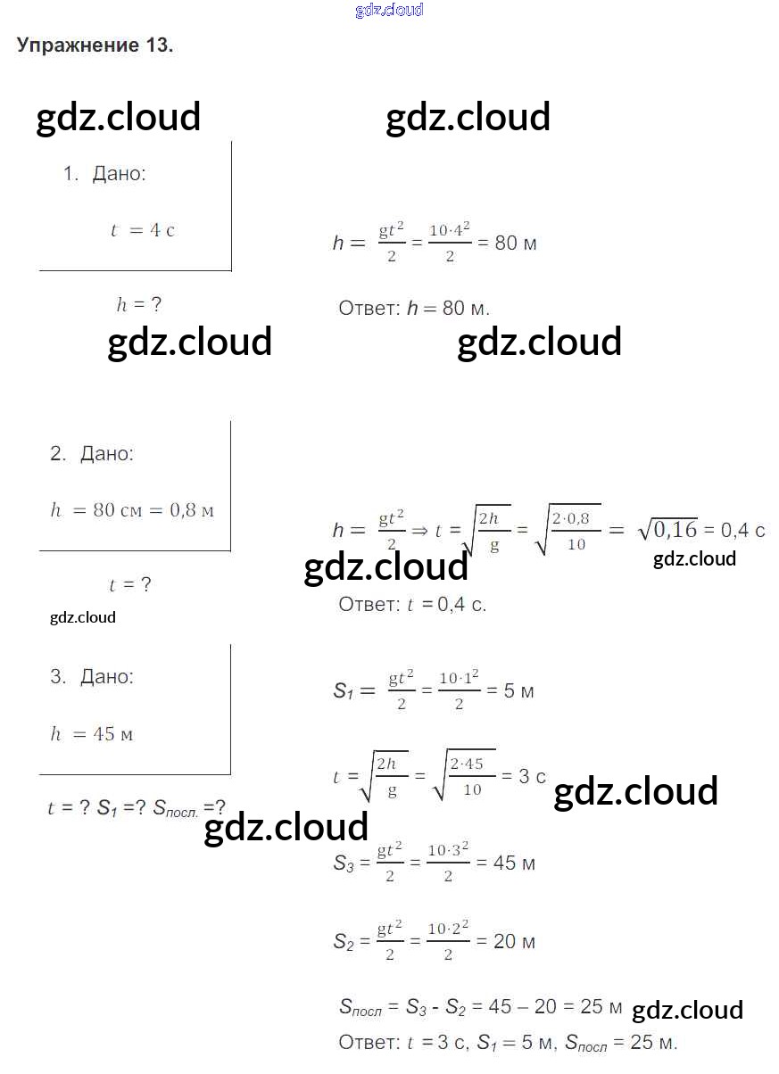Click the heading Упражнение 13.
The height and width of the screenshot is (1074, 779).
click(95, 45)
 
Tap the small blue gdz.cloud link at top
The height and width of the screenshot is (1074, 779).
click(389, 10)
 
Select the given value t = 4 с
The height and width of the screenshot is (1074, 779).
click(143, 230)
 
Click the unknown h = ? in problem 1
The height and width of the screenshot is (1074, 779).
click(138, 304)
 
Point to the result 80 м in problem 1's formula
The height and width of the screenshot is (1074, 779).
click(516, 244)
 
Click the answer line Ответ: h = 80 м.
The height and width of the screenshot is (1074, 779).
click(414, 309)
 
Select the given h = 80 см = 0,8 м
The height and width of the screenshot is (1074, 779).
click(132, 509)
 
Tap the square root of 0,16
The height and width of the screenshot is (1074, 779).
click(667, 530)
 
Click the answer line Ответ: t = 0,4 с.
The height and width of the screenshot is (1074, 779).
click(412, 604)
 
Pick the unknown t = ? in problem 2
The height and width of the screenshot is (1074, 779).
click(130, 584)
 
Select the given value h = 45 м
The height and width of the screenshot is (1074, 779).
click(92, 733)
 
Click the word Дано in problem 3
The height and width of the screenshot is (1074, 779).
click(106, 676)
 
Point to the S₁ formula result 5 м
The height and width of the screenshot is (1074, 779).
click(518, 691)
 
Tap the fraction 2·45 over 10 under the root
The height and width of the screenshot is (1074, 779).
click(467, 777)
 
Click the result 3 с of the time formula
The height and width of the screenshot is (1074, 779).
click(532, 776)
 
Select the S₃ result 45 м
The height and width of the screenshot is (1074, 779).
click(514, 863)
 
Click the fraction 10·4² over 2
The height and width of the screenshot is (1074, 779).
click(450, 242)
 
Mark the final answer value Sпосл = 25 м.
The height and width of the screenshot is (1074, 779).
click(621, 1042)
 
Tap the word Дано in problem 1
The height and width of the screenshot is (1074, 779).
click(119, 174)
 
